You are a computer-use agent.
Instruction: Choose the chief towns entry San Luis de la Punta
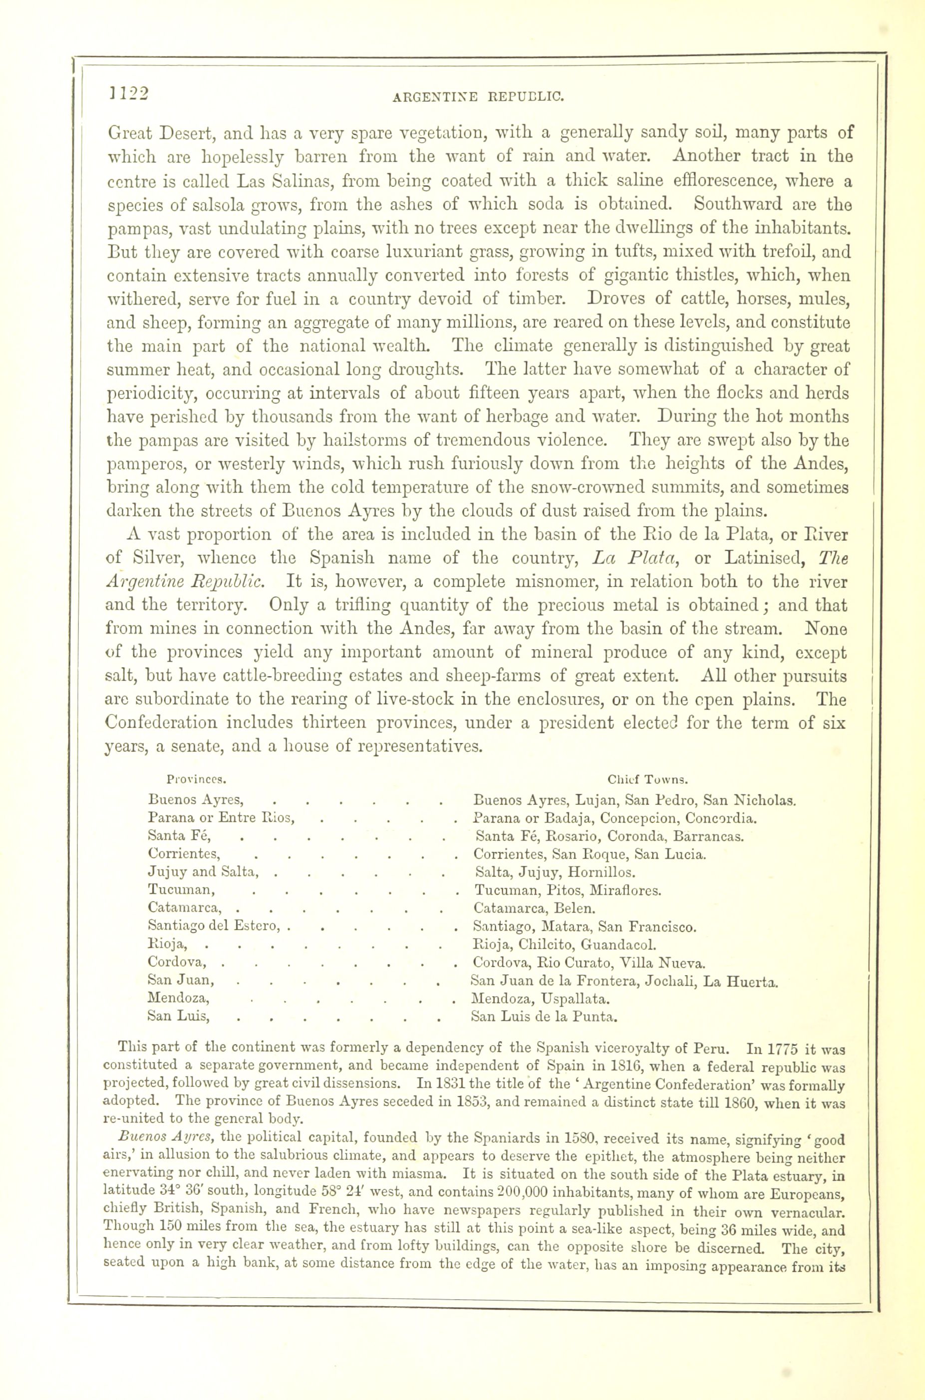click(544, 1017)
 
